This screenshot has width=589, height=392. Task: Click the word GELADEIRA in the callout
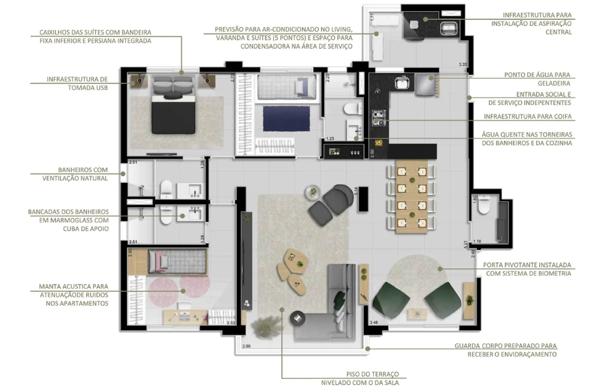(554, 83)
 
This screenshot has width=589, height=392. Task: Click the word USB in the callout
(102, 88)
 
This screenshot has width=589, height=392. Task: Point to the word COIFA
(562, 116)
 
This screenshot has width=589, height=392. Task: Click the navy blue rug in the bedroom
(286, 118)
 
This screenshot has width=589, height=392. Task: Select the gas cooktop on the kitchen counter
(379, 118)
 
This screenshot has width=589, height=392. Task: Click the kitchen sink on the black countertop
(402, 82)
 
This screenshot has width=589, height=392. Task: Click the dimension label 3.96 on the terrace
(246, 346)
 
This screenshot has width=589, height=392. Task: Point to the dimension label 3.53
(231, 323)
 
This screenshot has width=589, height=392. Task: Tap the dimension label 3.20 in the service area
(463, 64)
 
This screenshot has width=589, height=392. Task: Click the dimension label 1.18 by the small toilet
(477, 241)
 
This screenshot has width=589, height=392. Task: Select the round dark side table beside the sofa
(298, 318)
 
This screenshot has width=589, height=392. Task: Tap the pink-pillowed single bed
(177, 262)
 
